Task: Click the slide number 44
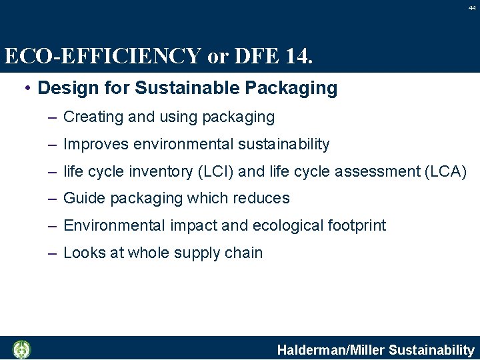click(x=472, y=7)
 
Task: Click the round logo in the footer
click(x=22, y=349)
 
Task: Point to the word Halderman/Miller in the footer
click(x=331, y=349)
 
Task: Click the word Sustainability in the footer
click(x=431, y=349)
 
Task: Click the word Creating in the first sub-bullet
click(x=89, y=117)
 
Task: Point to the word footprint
click(x=357, y=225)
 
